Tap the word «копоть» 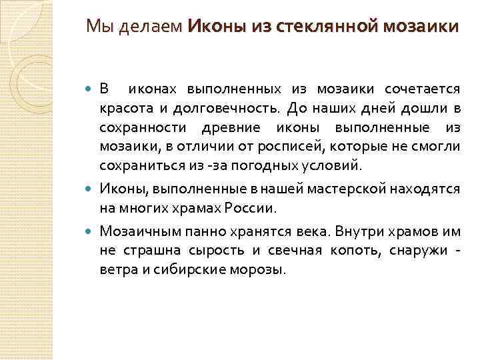click(346, 251)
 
